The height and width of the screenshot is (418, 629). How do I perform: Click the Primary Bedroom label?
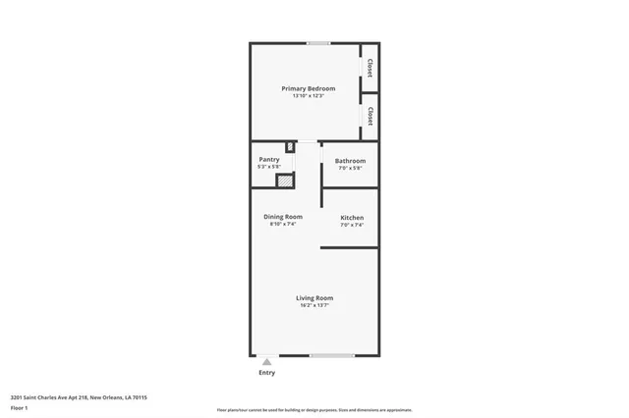(308, 88)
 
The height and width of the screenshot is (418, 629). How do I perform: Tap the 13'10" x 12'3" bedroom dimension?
(308, 96)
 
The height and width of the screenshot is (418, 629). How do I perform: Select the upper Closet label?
(370, 68)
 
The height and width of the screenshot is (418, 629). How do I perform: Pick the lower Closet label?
(370, 117)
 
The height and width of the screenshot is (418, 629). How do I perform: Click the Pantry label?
(269, 159)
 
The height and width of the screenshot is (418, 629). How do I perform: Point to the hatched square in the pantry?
(284, 181)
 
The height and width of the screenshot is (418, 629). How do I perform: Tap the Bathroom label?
(350, 161)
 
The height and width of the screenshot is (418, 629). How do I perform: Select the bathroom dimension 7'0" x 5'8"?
(350, 168)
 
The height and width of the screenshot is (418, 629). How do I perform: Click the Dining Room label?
(283, 216)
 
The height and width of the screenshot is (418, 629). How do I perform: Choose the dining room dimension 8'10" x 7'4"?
(283, 224)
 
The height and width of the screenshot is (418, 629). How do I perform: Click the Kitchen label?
(352, 217)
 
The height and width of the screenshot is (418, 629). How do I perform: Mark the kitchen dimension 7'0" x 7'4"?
(352, 225)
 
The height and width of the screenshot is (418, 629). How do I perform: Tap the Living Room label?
(314, 297)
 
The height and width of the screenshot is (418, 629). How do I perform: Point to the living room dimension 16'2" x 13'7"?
(314, 305)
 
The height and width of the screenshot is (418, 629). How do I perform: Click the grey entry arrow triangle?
(266, 362)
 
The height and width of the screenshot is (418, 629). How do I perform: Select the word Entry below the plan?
(266, 373)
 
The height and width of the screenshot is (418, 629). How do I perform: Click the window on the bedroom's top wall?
(317, 43)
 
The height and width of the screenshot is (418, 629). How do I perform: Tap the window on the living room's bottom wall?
(332, 355)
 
